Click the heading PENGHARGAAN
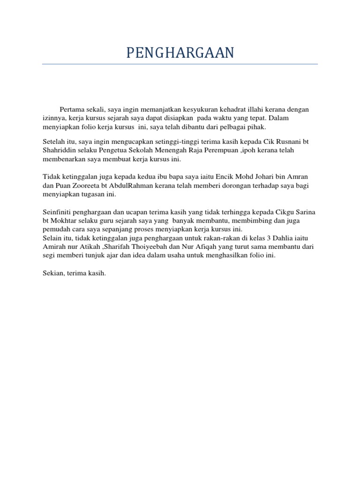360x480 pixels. [180, 53]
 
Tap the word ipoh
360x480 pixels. [255, 151]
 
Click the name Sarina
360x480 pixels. [304, 212]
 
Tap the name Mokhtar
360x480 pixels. [65, 221]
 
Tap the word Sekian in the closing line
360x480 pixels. [53, 272]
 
